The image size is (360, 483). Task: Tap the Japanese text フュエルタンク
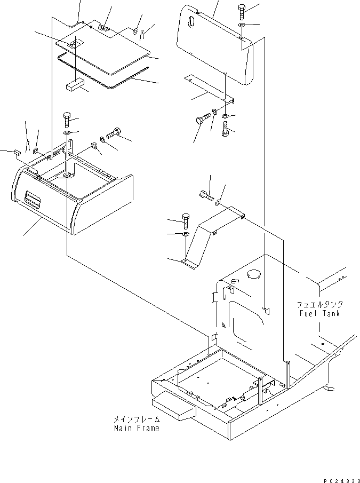(x=320, y=305)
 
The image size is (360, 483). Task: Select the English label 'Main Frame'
(x=136, y=429)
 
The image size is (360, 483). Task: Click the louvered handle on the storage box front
(x=33, y=202)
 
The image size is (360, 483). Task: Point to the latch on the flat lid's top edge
(x=105, y=30)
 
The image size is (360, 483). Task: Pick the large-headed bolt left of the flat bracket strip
(x=201, y=120)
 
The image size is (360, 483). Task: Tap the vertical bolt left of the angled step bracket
(x=185, y=220)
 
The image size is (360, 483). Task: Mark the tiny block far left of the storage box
(x=16, y=152)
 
